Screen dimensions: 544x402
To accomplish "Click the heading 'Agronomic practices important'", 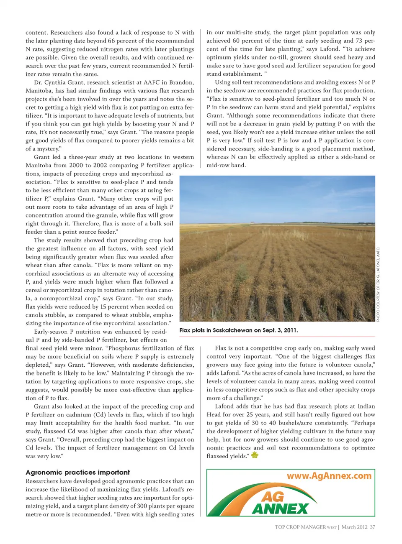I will click(x=77, y=472).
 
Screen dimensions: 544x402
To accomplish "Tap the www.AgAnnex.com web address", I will click(x=329, y=476).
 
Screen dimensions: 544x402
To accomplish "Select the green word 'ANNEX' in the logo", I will click(x=280, y=508).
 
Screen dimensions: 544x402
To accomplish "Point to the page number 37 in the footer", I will click(x=372, y=527).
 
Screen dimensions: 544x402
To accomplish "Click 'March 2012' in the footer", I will click(x=354, y=527).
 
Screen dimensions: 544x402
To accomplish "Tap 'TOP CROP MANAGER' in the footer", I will click(x=300, y=527).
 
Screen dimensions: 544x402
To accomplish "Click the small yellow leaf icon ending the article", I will click(x=255, y=455).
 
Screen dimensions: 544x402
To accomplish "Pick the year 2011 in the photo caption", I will click(x=290, y=330).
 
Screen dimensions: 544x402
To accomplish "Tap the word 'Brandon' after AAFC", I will click(x=181, y=82).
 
